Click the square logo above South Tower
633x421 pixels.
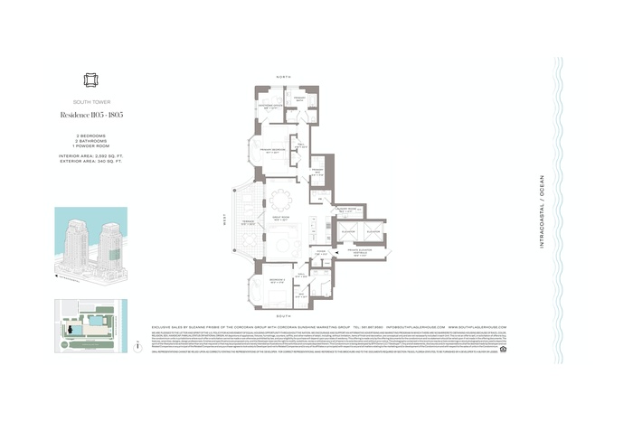click(90, 80)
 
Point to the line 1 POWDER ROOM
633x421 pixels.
click(90, 146)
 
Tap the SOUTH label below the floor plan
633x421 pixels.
click(284, 316)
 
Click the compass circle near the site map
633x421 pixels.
click(135, 345)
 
